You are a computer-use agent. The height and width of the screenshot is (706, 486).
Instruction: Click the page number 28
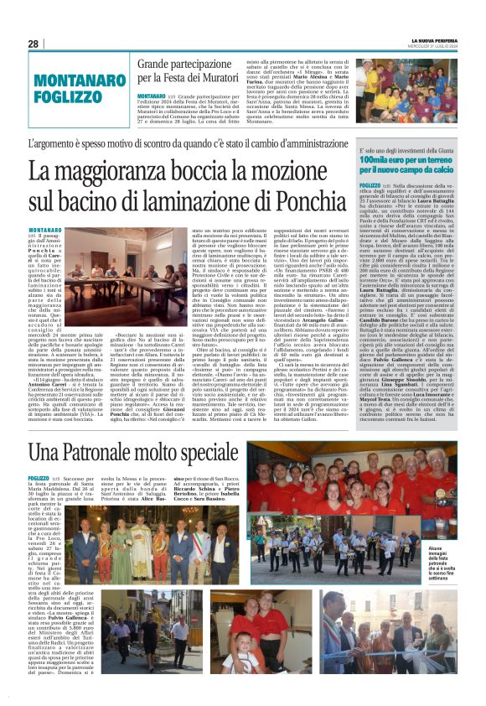(34, 44)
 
